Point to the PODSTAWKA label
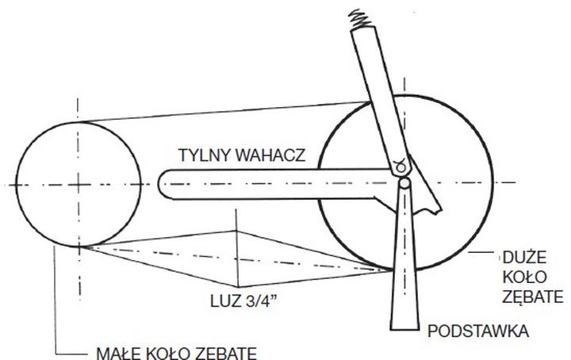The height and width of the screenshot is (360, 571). pyautogui.click(x=478, y=331)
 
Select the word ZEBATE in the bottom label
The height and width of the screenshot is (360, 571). pyautogui.click(x=230, y=352)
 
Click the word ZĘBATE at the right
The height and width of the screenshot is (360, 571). pyautogui.click(x=534, y=297)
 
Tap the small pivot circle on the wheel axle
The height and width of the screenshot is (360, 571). pyautogui.click(x=405, y=183)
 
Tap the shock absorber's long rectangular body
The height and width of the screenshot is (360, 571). pyautogui.click(x=385, y=95)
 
